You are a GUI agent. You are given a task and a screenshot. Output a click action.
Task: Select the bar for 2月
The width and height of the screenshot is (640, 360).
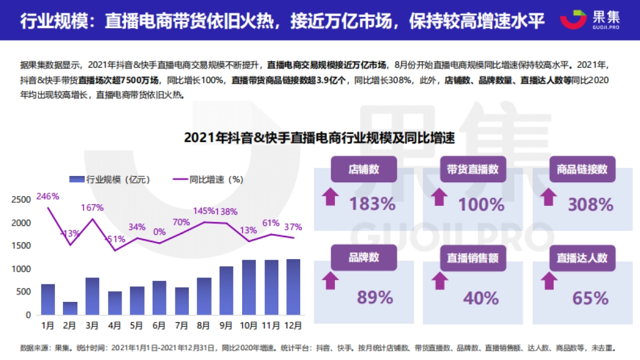pos(70,308)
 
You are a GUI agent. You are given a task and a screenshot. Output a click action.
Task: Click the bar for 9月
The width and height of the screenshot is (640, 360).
pos(226,291)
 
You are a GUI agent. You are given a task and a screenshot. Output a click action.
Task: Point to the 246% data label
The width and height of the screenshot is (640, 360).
pos(47,196)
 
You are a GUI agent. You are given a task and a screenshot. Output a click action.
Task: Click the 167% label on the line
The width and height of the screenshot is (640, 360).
pos(92,207)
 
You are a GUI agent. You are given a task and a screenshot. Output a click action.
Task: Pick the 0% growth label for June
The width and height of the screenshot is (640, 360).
pos(159,232)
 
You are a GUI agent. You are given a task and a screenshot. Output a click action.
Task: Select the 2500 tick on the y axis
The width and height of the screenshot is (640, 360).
pos(21,200)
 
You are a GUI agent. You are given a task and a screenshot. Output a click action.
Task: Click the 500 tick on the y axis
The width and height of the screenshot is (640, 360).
pos(24,292)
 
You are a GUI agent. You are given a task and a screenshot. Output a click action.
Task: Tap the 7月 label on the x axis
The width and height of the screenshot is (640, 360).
pos(181,324)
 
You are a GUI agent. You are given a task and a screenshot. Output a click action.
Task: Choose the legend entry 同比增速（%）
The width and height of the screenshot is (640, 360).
pos(207,180)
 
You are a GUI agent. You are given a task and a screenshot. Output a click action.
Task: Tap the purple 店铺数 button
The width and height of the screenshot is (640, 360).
pos(364,170)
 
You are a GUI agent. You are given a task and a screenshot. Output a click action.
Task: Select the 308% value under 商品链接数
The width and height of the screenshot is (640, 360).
pos(590,204)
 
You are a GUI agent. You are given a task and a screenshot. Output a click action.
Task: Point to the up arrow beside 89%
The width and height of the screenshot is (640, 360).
pos(331,281)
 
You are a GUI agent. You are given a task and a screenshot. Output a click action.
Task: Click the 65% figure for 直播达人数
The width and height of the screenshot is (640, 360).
pos(590,298)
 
